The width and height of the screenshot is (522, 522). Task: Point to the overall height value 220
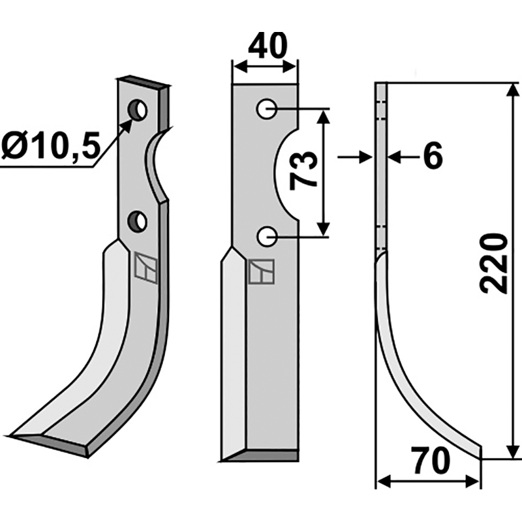(x=494, y=262)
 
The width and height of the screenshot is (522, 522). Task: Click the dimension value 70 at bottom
(x=431, y=463)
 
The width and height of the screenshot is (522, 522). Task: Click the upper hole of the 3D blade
(x=137, y=110)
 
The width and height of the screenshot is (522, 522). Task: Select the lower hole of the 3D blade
(x=138, y=222)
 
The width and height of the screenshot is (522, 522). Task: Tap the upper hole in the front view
(x=266, y=110)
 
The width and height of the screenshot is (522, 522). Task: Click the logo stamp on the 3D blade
(x=145, y=268)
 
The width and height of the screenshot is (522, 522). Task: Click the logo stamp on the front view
(x=260, y=272)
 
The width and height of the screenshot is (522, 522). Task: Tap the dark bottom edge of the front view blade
(x=261, y=455)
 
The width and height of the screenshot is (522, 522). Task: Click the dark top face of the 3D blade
(x=145, y=83)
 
